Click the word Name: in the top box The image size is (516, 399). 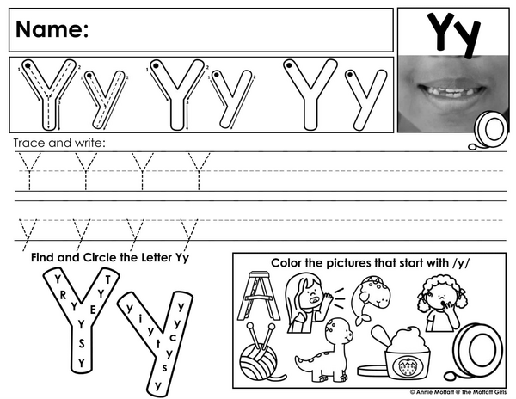click(x=52, y=29)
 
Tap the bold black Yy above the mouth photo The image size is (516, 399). click(x=453, y=34)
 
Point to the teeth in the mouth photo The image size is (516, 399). click(x=451, y=91)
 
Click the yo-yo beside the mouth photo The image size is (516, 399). click(x=488, y=131)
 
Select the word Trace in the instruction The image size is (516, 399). click(x=29, y=143)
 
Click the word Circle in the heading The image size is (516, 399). click(x=100, y=257)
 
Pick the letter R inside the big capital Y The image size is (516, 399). click(x=63, y=295)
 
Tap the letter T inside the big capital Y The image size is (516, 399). click(x=108, y=280)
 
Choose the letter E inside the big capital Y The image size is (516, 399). click(x=93, y=310)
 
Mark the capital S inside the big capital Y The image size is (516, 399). click(x=82, y=344)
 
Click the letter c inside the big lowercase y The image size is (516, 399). click(x=173, y=337)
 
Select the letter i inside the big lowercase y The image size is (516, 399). click(x=140, y=318)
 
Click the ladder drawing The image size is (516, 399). click(x=259, y=296)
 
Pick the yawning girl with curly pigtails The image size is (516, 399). click(x=442, y=304)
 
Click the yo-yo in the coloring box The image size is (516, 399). click(x=476, y=352)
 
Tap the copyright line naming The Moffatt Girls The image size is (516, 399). click(x=458, y=392)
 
